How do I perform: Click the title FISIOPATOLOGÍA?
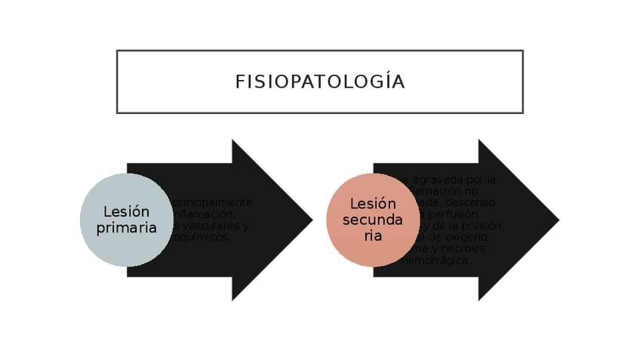pos(319,82)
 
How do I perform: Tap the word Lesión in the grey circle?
pos(126,211)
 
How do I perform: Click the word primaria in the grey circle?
pos(126,227)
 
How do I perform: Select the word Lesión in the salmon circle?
pos(373,204)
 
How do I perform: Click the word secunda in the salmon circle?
pos(373,220)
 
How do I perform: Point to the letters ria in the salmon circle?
pos(373,235)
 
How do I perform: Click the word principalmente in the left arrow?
pos(212,202)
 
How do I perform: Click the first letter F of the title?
pos(239,82)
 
